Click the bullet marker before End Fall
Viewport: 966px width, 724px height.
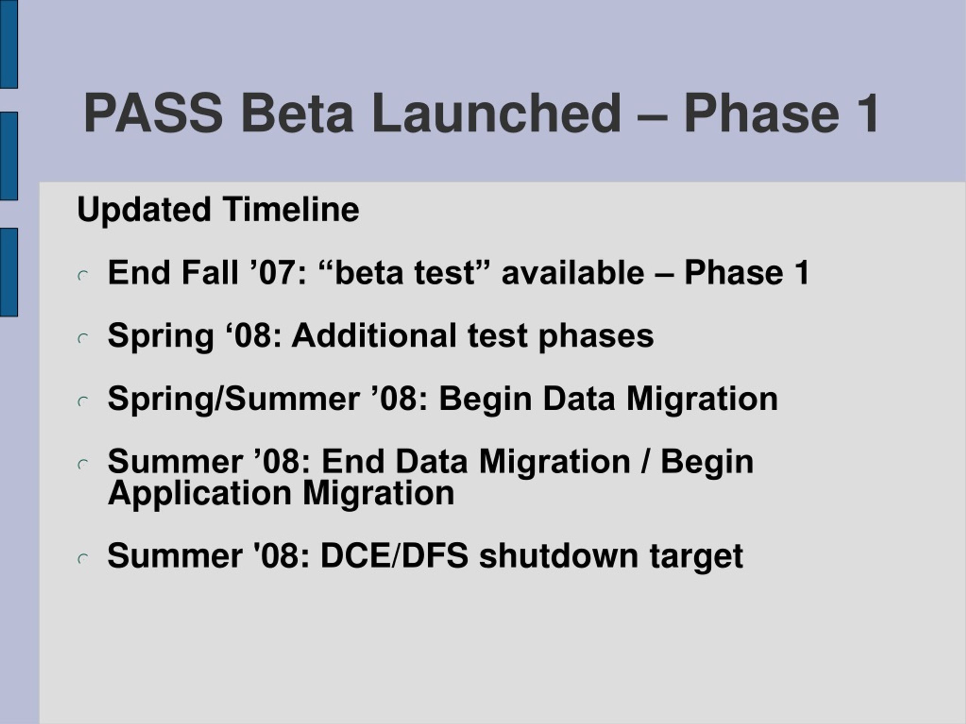pyautogui.click(x=83, y=276)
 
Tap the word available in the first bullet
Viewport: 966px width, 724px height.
pyautogui.click(x=573, y=272)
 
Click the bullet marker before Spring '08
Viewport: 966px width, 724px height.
pyautogui.click(x=83, y=339)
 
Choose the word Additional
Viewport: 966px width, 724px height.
pyautogui.click(x=374, y=335)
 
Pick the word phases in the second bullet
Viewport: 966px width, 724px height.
pyautogui.click(x=596, y=336)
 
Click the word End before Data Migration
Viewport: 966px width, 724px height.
pyautogui.click(x=353, y=461)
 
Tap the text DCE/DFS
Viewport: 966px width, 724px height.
pyautogui.click(x=395, y=556)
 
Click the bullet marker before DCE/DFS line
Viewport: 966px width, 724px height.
pyautogui.click(x=83, y=559)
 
